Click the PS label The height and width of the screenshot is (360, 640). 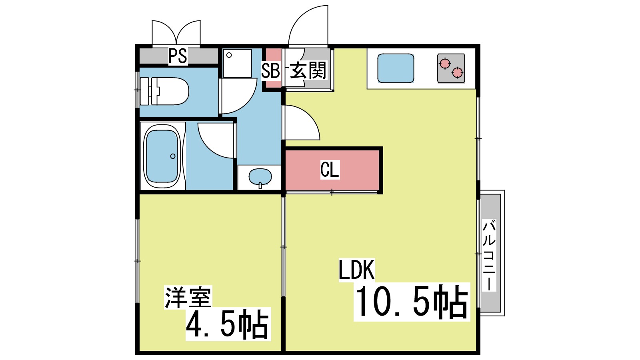[178, 56]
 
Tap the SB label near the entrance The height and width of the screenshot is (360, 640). [270, 71]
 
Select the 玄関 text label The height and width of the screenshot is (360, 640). [308, 70]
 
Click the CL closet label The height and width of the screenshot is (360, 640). [330, 170]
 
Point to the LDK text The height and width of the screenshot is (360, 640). [356, 270]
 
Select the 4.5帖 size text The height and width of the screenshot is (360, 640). [228, 324]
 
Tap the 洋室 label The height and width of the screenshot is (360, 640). [188, 298]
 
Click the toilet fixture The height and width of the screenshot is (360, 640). [168, 91]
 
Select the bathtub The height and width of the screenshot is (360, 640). [162, 156]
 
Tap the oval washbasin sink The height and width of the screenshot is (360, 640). [260, 176]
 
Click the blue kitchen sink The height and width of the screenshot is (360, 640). [395, 68]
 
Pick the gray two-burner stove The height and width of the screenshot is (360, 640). [451, 68]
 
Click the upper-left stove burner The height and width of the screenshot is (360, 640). [444, 64]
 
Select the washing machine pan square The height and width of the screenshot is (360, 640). [237, 63]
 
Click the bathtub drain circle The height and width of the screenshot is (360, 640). [173, 156]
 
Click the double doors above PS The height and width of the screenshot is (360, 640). [176, 34]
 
